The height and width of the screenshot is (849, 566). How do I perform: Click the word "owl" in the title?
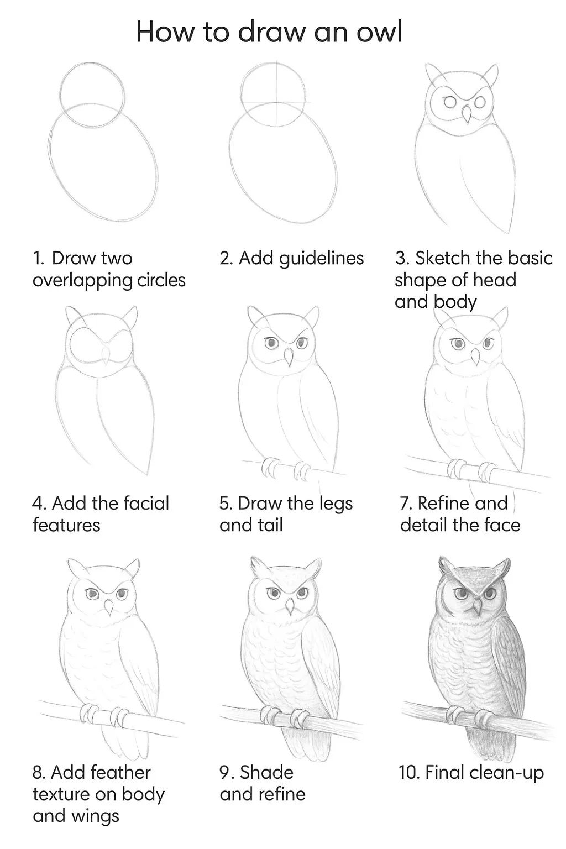tap(379, 32)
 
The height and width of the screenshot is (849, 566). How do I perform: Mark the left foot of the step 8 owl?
tap(89, 714)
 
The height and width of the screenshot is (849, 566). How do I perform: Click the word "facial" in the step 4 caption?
tap(146, 504)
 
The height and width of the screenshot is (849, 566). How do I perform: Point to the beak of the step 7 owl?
tap(475, 357)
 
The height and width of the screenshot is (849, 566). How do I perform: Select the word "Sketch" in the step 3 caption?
tap(442, 259)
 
